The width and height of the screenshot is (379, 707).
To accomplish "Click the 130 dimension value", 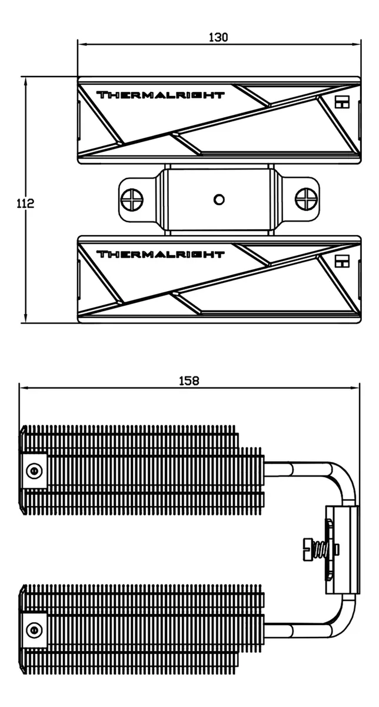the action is (x=218, y=37).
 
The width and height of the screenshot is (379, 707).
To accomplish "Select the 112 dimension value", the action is (x=25, y=203).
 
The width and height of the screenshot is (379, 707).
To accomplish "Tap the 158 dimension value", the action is (x=189, y=381).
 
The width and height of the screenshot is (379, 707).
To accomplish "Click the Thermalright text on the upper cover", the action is (x=161, y=95).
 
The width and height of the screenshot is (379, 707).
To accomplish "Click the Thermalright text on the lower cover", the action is (x=161, y=254).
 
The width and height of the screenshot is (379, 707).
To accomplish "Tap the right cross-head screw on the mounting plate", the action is (x=306, y=200).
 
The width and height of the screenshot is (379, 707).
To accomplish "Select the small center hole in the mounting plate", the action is (x=219, y=200).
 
